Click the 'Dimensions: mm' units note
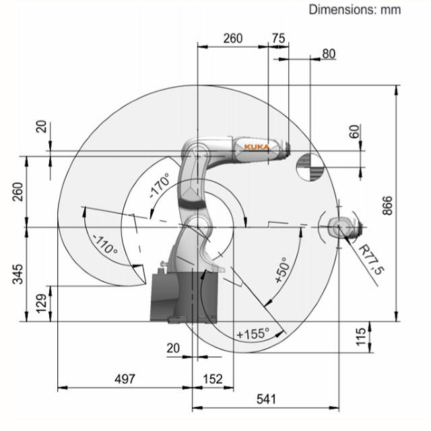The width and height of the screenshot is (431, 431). coord(355,10)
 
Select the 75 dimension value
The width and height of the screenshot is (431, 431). coord(278,38)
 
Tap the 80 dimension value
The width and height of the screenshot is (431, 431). coord(329,54)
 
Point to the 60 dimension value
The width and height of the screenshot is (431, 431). coord(355,131)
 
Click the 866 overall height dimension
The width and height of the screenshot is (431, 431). coord(388,205)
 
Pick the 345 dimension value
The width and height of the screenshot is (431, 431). coord(18,274)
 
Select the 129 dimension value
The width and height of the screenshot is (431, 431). coord(42,304)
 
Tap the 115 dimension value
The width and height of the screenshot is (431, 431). coord(361,337)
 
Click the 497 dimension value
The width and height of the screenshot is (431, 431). coord(125,379)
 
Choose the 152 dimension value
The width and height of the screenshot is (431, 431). coord(213,379)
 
